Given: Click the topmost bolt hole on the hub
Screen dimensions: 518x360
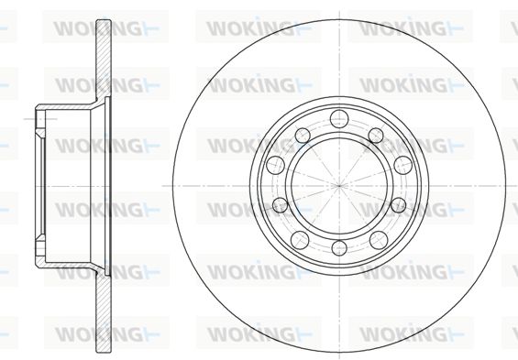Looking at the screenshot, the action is click(x=339, y=119).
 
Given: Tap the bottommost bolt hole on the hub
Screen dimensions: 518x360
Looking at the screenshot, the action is click(x=339, y=248).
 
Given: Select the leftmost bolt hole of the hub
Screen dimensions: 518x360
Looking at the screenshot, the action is click(x=275, y=165).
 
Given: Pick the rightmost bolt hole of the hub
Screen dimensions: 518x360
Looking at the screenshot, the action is click(x=403, y=165).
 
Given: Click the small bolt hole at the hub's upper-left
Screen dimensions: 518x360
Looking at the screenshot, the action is click(x=303, y=136).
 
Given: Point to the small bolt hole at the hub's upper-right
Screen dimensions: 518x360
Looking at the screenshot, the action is click(x=376, y=136).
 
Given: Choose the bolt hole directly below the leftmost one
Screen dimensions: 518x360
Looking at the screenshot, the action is click(x=281, y=205).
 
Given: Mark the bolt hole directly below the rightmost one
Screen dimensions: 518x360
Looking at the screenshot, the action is click(x=398, y=205).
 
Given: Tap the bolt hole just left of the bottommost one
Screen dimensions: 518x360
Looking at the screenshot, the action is click(x=300, y=240).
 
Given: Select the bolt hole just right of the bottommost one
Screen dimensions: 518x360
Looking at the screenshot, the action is click(x=379, y=240).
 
